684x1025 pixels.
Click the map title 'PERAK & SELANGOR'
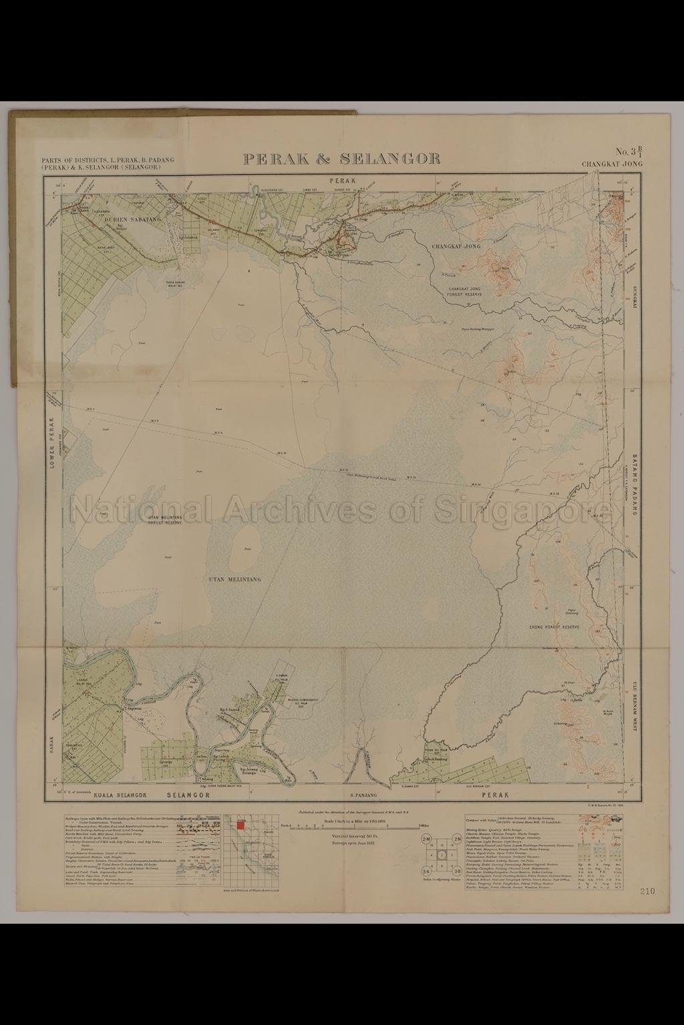coord(341,159)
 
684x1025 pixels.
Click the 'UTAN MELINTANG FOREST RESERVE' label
coord(164,521)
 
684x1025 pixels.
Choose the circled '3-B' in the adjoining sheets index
coord(458,872)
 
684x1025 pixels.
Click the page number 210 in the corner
coord(647,891)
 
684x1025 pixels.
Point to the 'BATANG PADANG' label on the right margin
coord(634,488)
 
